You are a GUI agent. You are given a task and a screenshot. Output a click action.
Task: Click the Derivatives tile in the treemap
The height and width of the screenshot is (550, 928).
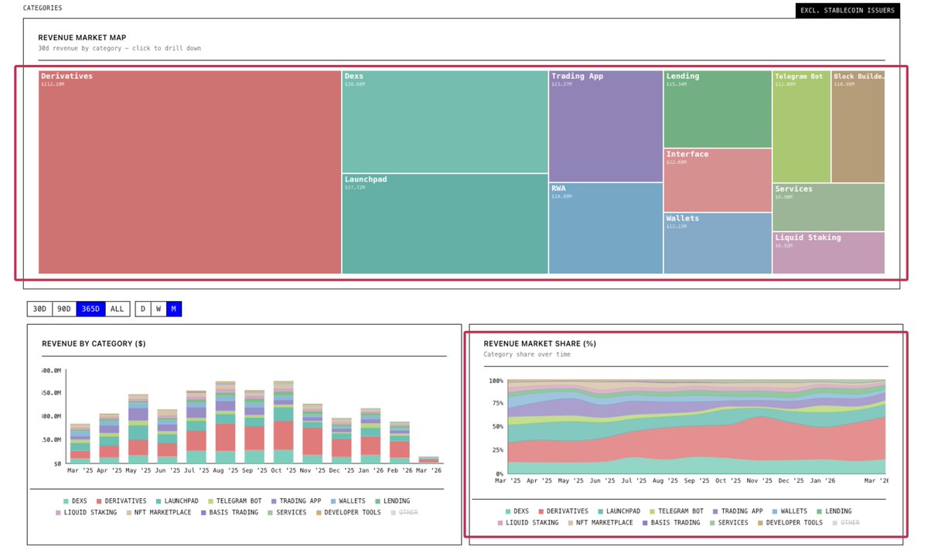pos(189,172)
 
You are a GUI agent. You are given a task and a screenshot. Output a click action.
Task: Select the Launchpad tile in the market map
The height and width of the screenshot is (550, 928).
pos(445,224)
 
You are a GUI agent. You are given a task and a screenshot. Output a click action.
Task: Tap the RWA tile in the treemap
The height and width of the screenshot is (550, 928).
pos(606,228)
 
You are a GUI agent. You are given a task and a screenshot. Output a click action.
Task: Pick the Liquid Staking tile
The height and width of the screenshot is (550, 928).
pos(828,253)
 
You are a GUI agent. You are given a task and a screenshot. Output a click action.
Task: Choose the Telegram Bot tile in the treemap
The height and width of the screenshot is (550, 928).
pos(801,127)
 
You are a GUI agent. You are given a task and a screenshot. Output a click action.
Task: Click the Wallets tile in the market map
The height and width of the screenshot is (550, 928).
pos(717,243)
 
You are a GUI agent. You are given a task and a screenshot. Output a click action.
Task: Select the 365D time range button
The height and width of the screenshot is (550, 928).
pos(90,309)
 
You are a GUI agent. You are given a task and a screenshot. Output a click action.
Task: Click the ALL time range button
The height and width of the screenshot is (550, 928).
pos(117,309)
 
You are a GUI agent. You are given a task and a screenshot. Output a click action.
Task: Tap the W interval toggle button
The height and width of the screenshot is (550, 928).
pos(158,309)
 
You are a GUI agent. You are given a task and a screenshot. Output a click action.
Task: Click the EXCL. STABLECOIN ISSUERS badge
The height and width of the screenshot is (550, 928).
pos(848,11)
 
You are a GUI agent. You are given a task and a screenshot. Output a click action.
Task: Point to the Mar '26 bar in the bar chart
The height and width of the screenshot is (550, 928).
pos(428,459)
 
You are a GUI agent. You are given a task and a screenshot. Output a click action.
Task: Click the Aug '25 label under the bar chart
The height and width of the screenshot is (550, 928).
pos(226,470)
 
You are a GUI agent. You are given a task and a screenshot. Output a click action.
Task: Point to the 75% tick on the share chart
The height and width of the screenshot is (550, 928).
pos(496,404)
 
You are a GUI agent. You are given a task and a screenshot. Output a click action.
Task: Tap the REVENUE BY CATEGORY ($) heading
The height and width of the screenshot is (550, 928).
pos(94,343)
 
